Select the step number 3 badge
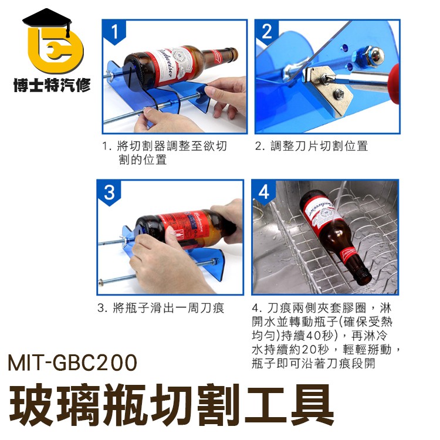click(110, 192)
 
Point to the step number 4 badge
click(264, 192)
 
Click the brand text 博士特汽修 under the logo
click(52, 86)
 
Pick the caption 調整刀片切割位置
click(311, 146)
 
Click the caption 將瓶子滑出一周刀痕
click(161, 308)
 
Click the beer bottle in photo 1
click(176, 65)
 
